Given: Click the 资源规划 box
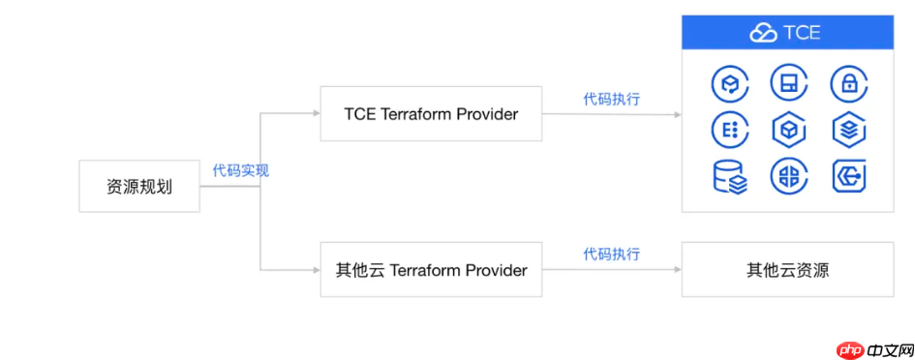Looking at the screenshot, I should (x=138, y=187).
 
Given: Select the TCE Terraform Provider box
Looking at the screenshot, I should (x=431, y=114).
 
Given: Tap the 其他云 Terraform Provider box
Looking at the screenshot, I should (x=431, y=270).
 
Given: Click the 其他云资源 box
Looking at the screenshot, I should (x=787, y=270).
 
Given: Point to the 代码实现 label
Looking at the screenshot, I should (x=241, y=170).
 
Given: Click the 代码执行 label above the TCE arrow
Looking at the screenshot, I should (x=612, y=98).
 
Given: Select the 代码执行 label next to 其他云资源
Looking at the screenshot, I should (x=612, y=254).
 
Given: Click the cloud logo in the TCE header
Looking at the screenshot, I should (x=763, y=33).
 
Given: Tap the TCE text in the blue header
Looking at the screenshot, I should (x=802, y=33).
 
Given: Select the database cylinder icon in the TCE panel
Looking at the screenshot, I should (x=728, y=177).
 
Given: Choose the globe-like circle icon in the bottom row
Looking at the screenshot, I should (x=787, y=177).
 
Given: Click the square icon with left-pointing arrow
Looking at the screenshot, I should (x=847, y=177).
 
